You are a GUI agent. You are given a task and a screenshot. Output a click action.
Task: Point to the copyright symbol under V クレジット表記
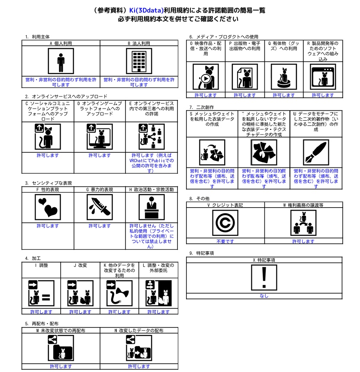pos(225,223)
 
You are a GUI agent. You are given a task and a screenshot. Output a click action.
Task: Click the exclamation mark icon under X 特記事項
pos(264,277)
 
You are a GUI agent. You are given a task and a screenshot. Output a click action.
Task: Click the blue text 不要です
pos(225,241)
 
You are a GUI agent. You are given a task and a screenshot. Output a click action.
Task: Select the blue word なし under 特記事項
pos(264,296)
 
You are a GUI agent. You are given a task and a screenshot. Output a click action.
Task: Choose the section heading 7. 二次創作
pos(202,107)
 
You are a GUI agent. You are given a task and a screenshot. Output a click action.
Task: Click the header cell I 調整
pos(41,265)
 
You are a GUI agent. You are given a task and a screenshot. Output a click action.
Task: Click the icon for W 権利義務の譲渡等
pos(303,223)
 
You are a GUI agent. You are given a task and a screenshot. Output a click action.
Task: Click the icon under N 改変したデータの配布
pos(138,348)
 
